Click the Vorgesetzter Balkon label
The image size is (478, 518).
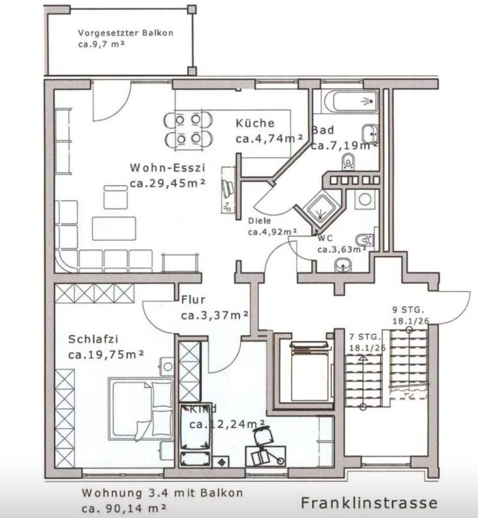pos(126,33)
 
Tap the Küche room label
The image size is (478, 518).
pos(255,123)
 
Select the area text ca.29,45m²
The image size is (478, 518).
pos(168,183)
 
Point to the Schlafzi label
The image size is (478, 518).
pos(93,339)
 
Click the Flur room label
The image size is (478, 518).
pos(193,300)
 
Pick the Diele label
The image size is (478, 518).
pos(260,221)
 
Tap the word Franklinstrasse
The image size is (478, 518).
pos(369,503)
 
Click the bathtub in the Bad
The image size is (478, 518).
pos(351,101)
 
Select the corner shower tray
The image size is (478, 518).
pos(322,207)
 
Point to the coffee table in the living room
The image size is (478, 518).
pos(114,228)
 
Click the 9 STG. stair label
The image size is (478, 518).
pos(408,310)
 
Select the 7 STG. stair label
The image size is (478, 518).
pos(365,337)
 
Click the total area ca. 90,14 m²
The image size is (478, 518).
pos(124,508)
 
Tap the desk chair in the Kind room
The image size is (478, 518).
pos(263,435)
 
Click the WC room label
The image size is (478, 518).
pos(325,238)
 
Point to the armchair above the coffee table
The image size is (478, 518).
pos(115,197)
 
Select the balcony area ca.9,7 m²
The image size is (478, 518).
pos(101,44)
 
